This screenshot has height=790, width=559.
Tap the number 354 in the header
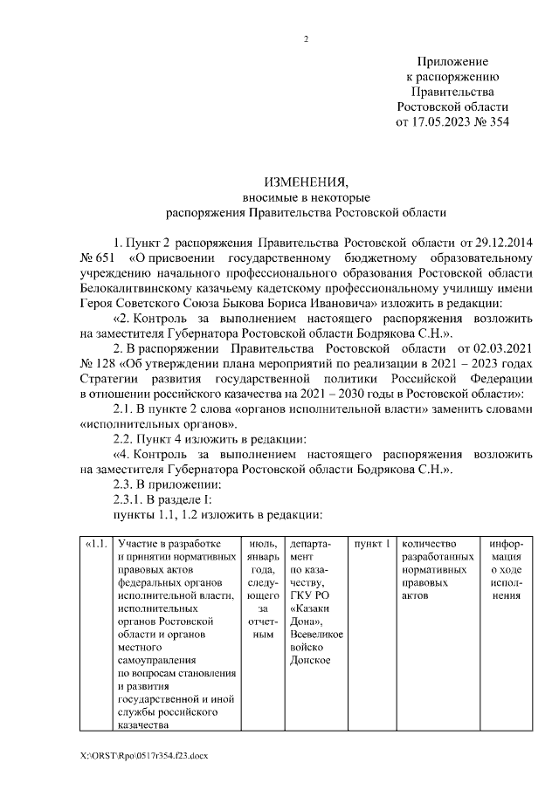495,122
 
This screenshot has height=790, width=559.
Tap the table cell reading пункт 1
369,545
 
